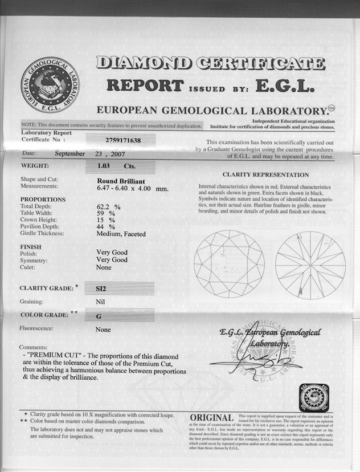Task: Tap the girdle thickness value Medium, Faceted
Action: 121,234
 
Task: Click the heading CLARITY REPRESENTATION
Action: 265,174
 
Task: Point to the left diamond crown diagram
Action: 229,264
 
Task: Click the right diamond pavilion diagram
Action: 310,265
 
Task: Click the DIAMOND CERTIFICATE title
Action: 211,63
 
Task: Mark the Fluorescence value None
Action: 103,329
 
